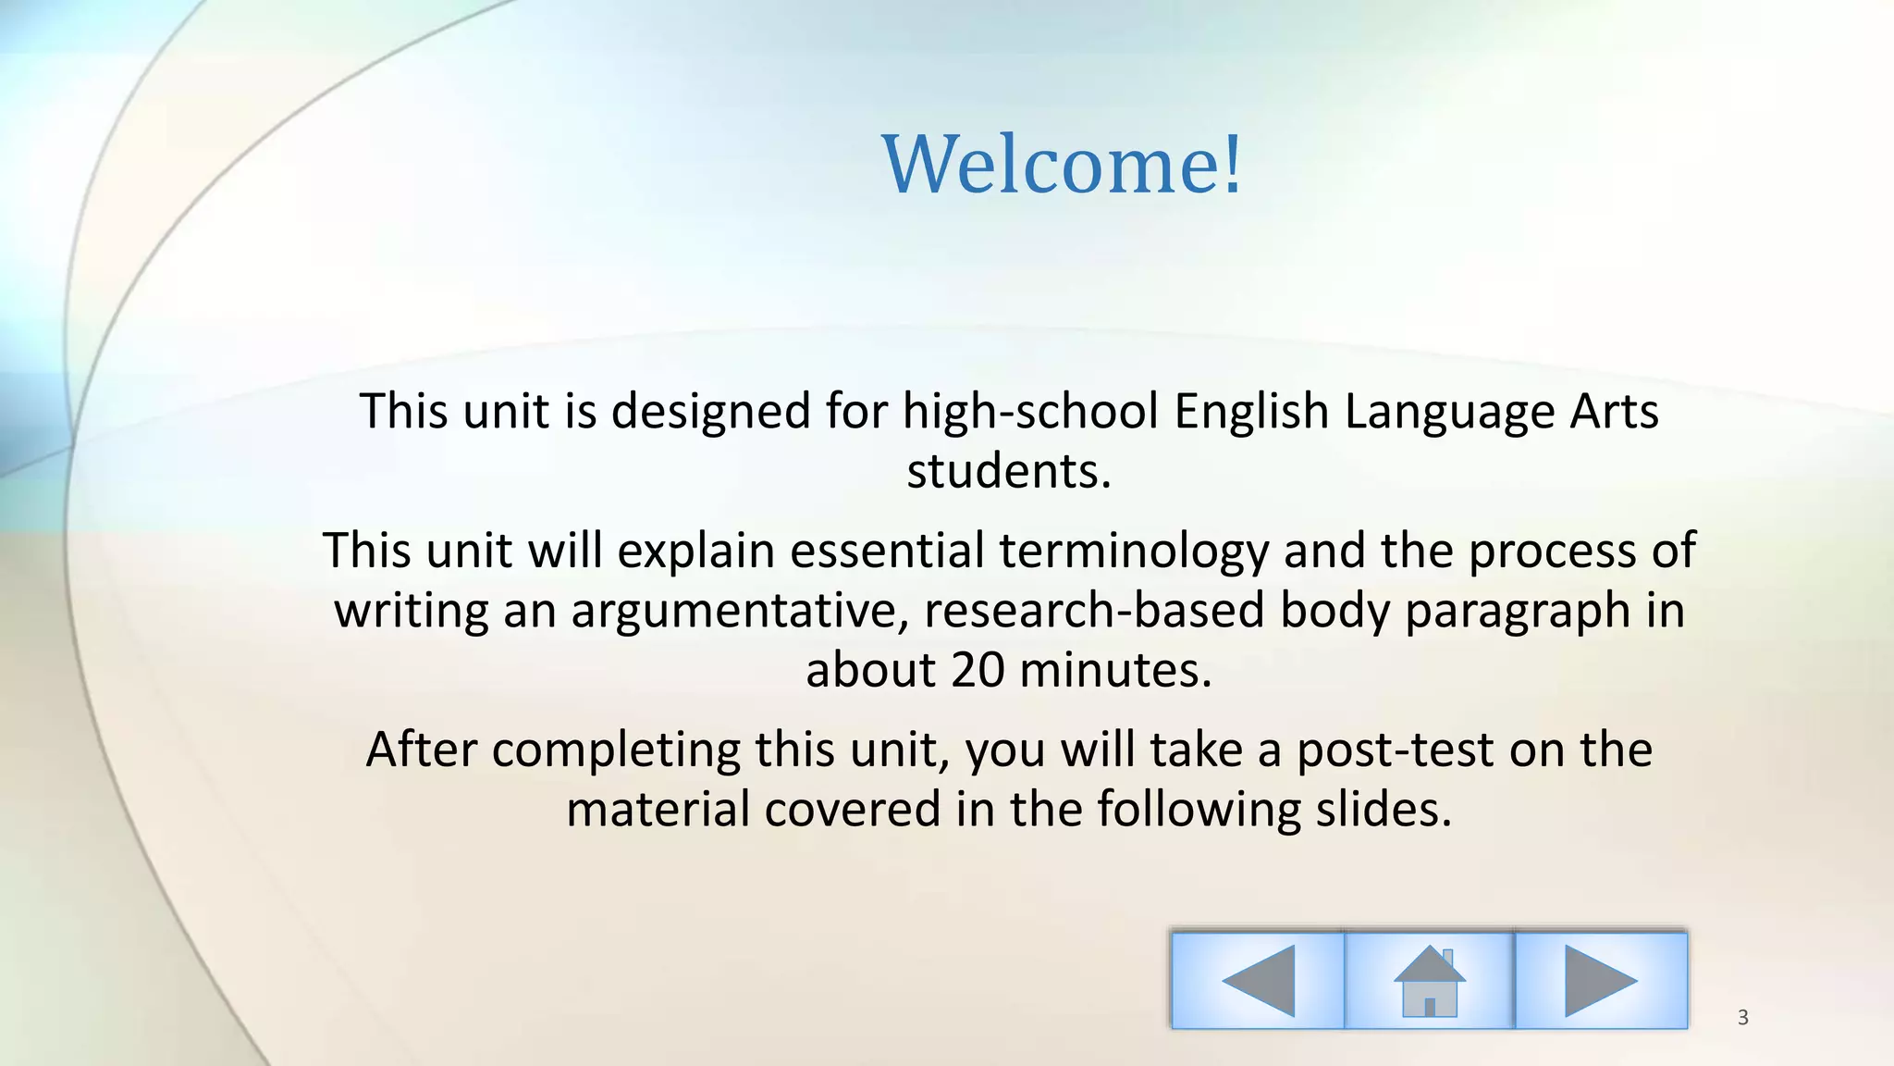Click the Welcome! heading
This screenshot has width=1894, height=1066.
point(1063,165)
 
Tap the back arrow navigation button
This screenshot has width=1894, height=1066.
point(1257,980)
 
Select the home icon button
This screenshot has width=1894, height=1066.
point(1429,980)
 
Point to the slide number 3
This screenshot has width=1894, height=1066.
point(1743,1018)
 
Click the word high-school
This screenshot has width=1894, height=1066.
point(1030,411)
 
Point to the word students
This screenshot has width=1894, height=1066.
point(1008,471)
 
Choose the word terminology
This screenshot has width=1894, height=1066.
point(1133,552)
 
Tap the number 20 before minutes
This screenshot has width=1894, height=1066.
point(977,670)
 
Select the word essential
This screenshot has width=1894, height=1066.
point(887,552)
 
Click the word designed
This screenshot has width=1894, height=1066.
point(710,413)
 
